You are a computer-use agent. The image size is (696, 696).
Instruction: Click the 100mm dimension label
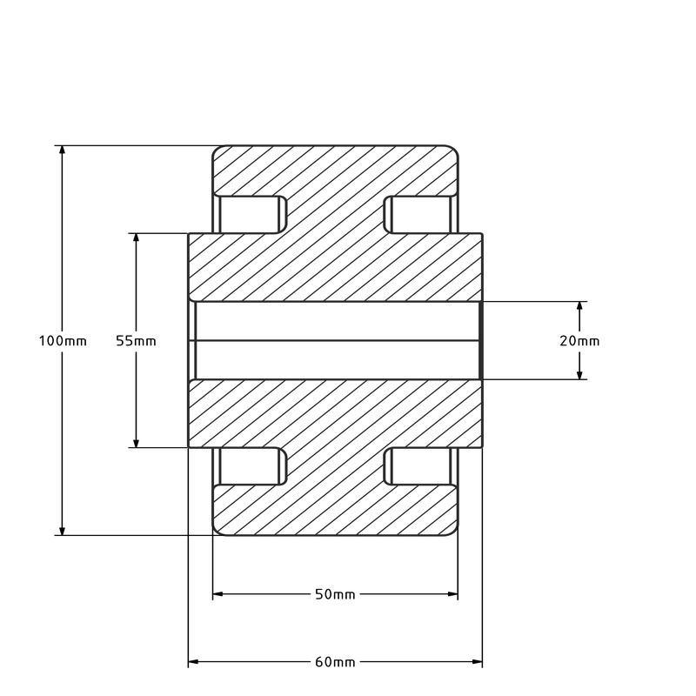point(63,341)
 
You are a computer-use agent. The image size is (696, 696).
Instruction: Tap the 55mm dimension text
point(136,341)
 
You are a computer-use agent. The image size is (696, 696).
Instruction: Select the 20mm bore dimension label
point(579,341)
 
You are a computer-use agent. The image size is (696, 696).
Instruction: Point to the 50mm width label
point(335,594)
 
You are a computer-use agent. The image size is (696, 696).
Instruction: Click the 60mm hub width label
point(335,662)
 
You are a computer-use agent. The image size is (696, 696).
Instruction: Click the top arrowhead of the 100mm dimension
point(62,151)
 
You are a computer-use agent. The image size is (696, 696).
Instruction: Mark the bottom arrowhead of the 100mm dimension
point(62,531)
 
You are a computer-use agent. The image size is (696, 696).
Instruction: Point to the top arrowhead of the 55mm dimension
point(137,238)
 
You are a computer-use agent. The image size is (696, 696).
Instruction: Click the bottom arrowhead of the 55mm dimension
point(137,443)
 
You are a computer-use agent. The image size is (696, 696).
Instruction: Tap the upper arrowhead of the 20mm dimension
point(579,306)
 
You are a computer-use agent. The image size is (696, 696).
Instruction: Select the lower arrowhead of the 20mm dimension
point(579,375)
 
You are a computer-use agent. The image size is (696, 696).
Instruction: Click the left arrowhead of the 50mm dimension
point(218,594)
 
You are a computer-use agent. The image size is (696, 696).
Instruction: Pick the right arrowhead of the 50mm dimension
point(452,594)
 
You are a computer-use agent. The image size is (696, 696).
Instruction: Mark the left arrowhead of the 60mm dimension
point(193,662)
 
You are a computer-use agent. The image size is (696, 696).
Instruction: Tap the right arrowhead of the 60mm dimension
point(477,662)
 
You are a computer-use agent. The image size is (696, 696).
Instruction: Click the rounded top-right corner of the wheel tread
point(454,148)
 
